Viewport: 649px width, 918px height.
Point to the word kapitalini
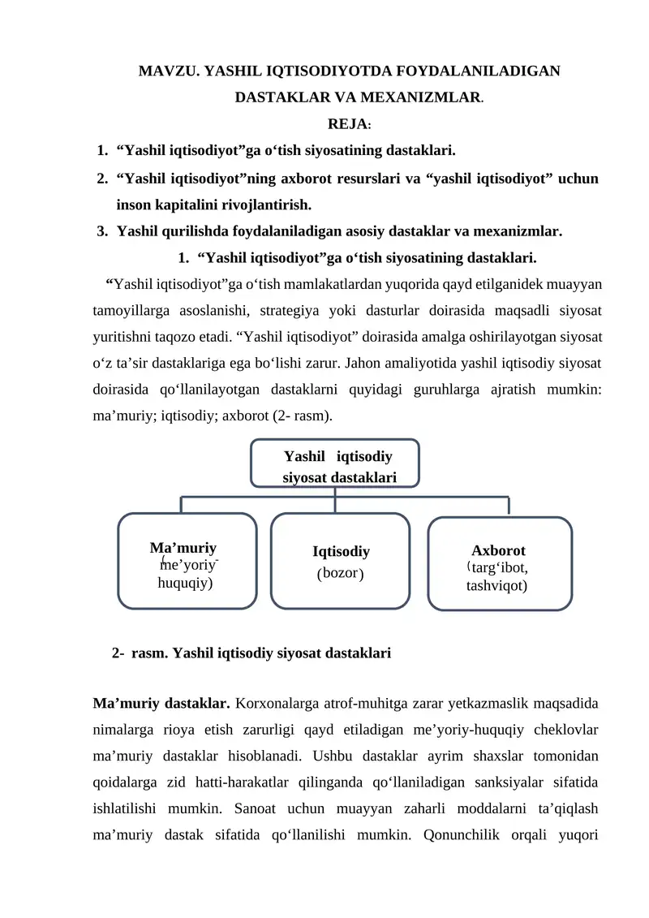coord(192,203)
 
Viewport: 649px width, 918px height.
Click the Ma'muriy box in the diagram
coord(187,560)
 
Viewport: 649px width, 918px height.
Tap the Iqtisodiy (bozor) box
coord(340,561)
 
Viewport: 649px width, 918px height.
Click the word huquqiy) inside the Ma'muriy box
coord(186,582)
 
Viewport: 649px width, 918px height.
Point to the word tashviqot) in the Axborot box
coord(497,584)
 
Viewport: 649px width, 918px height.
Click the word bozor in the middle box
coord(340,574)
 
